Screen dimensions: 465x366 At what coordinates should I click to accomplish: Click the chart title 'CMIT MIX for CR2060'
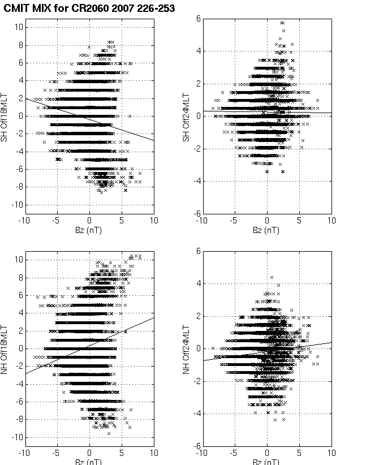57,8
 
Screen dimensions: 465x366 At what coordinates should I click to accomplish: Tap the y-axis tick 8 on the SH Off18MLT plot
19,45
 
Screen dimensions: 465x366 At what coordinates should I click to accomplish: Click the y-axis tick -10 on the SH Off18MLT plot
17,204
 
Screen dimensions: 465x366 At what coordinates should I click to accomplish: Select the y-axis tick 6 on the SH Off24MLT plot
198,19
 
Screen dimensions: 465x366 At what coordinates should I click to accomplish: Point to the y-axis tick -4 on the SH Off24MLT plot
196,181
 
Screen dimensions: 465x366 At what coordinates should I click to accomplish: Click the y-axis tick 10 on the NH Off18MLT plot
18,260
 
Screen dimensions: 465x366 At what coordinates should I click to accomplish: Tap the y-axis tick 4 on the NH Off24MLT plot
198,283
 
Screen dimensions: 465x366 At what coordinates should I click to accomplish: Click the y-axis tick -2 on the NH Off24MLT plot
196,381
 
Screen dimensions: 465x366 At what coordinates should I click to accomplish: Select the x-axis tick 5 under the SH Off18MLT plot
122,221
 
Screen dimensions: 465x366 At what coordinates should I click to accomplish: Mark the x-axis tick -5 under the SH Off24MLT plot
234,221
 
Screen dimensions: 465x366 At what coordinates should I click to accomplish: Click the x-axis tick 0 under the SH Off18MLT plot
89,221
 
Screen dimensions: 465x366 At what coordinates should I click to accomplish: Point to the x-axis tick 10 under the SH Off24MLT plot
331,221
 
